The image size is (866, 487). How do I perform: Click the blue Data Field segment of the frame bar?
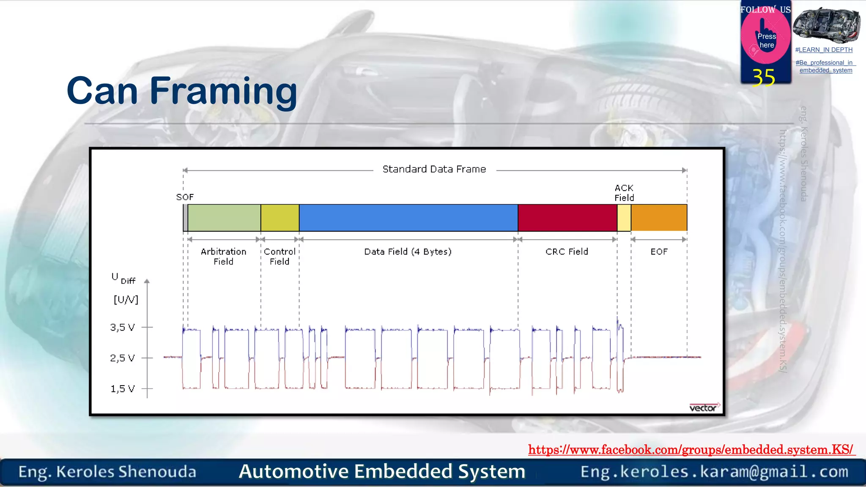[408, 218]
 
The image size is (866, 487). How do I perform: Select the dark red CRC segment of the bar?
[567, 218]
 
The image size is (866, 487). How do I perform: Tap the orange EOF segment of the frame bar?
[659, 218]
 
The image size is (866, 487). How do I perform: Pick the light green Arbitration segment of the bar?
[224, 218]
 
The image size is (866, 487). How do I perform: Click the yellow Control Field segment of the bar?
[280, 218]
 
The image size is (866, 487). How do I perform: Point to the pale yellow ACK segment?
[624, 218]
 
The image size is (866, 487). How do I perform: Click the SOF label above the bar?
[185, 197]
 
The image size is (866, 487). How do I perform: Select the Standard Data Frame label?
[434, 169]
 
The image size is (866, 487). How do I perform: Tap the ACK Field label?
[624, 193]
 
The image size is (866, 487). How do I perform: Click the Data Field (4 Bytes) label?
[408, 252]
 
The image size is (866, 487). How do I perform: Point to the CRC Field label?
[567, 252]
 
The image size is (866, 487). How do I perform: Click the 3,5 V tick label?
[122, 327]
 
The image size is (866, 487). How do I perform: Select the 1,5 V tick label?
[122, 389]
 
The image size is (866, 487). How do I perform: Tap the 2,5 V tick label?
[122, 358]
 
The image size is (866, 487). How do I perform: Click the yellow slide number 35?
[764, 78]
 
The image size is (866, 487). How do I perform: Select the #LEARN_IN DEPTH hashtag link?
[824, 50]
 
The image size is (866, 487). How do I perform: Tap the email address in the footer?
[714, 472]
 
